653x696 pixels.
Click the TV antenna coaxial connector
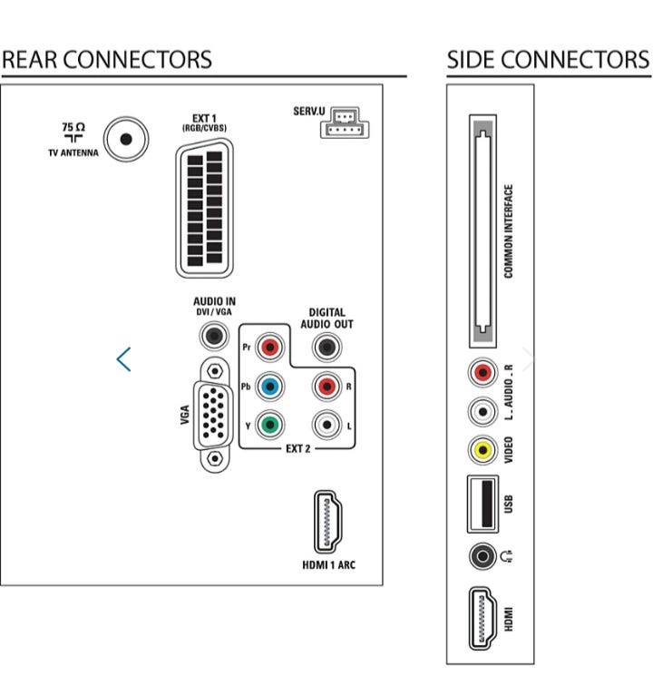pyautogui.click(x=125, y=139)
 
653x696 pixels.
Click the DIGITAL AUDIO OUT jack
pyautogui.click(x=326, y=347)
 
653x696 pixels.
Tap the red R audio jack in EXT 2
pyautogui.click(x=326, y=386)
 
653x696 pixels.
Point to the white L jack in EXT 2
pyautogui.click(x=326, y=424)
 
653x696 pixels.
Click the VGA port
pyautogui.click(x=214, y=413)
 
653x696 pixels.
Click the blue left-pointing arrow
pyautogui.click(x=124, y=359)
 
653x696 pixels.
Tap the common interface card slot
pyautogui.click(x=482, y=230)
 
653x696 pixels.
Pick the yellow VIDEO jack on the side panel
pyautogui.click(x=482, y=449)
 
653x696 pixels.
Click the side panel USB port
pyautogui.click(x=482, y=503)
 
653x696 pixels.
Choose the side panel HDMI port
pyautogui.click(x=482, y=619)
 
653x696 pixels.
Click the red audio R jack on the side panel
pyautogui.click(x=482, y=372)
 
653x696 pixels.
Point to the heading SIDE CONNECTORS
pyautogui.click(x=548, y=60)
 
